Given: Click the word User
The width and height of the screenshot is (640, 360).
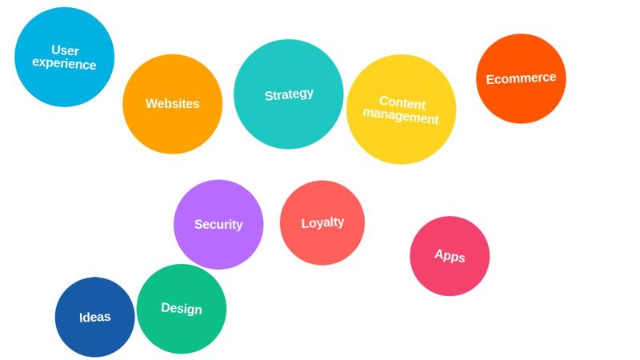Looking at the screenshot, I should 65,50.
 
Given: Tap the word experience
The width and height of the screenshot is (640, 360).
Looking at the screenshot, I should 64,64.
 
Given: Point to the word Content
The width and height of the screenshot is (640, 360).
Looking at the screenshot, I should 402,102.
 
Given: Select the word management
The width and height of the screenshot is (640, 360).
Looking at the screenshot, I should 401,116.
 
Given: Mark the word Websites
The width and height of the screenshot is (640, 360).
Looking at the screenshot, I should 172,103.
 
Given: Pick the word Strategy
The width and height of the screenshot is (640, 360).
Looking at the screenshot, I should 289,94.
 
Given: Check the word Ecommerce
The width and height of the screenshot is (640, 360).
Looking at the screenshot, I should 521,78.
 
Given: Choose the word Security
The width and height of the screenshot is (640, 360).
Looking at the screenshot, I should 218,225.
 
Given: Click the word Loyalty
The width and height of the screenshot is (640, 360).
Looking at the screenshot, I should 322,222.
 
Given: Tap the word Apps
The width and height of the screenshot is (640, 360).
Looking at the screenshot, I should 450,255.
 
